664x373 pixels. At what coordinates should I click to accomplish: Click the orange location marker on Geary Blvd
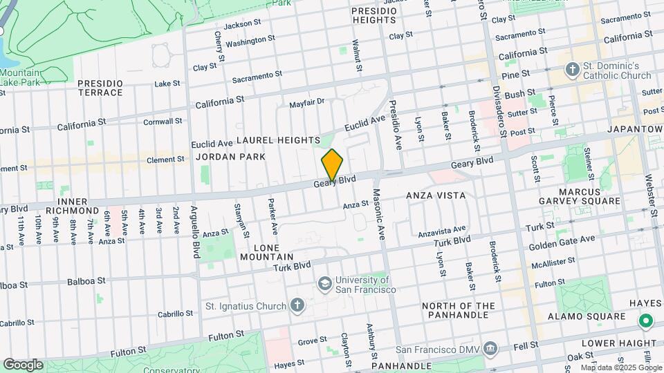[332, 165]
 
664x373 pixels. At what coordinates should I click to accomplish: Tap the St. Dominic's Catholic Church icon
[571, 69]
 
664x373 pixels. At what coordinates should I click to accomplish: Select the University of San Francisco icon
[324, 284]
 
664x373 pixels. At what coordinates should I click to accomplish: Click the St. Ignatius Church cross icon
[297, 305]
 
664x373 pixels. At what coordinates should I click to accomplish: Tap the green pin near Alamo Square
[645, 321]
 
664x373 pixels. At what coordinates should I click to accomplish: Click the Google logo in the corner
[22, 364]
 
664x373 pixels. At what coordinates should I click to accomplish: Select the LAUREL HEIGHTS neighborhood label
[278, 140]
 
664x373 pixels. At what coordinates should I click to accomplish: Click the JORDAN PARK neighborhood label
[230, 157]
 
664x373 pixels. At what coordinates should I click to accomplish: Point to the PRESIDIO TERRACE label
[100, 88]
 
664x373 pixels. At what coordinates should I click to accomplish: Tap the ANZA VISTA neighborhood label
[436, 195]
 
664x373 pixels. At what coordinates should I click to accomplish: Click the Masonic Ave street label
[378, 214]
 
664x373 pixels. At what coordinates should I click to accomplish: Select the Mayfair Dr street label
[306, 102]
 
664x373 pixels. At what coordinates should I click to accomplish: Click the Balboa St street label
[86, 281]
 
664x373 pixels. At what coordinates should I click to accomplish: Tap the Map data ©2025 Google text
[620, 367]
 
